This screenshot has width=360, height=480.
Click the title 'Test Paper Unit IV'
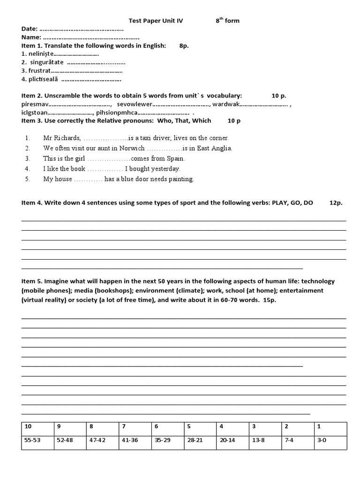coord(156,21)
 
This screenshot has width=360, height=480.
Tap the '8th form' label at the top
coord(227,21)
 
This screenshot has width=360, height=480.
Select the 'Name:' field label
coord(31,37)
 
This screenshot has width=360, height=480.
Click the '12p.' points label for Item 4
coord(336,203)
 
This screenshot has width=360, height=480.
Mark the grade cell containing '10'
coord(28,427)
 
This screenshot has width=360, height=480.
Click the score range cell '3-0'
coord(322,441)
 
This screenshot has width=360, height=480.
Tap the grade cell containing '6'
coord(157,427)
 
